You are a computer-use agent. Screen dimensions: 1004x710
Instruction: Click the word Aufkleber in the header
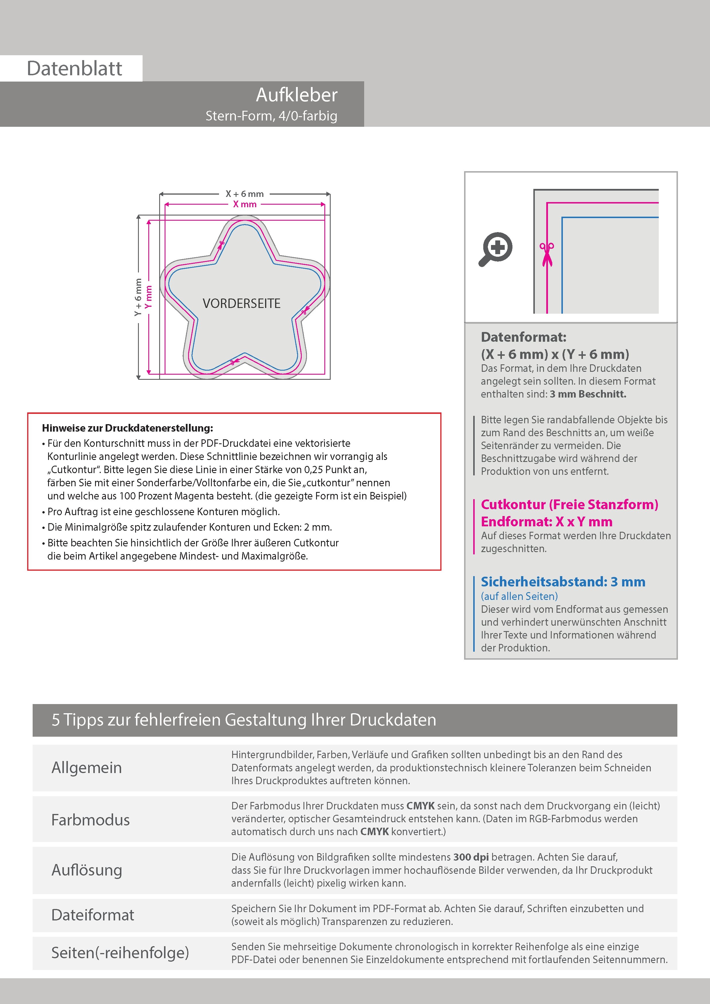click(x=297, y=95)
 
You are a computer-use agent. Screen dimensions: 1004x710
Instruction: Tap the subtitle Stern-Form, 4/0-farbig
click(x=271, y=116)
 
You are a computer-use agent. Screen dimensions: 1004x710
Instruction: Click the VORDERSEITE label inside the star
click(x=241, y=303)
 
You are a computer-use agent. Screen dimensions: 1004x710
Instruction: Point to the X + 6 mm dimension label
click(x=244, y=194)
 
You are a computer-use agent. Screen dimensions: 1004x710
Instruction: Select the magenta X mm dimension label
click(x=244, y=204)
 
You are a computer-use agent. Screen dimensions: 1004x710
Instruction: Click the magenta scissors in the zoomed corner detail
click(x=547, y=254)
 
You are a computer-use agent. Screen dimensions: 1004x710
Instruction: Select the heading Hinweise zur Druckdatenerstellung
click(x=127, y=428)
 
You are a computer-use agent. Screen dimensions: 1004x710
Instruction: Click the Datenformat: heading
click(x=523, y=337)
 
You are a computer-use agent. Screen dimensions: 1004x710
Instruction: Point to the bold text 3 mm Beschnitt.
click(x=588, y=394)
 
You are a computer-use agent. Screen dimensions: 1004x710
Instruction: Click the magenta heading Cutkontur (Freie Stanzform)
click(x=569, y=505)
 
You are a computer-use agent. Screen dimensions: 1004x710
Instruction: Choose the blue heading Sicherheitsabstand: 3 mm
click(x=563, y=582)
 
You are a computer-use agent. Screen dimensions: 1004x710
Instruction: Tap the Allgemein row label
click(x=87, y=767)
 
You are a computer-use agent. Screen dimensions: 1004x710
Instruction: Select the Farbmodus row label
click(x=90, y=820)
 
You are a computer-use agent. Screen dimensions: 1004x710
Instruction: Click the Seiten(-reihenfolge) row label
click(x=120, y=953)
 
